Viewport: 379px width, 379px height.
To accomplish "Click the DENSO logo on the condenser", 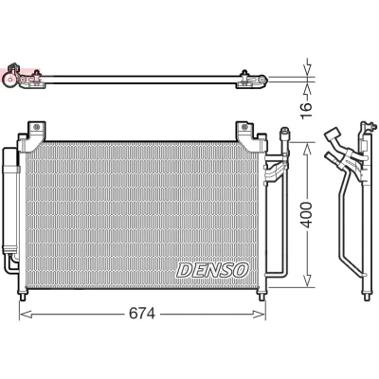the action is point(213,270).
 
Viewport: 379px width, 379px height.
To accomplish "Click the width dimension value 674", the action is point(142,314).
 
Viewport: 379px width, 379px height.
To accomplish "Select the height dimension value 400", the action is point(306,215).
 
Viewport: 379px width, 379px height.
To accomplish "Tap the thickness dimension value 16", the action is point(306,111).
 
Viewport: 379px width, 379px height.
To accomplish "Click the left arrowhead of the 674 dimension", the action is point(26,314).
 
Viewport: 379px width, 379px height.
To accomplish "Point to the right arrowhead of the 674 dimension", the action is point(260,314).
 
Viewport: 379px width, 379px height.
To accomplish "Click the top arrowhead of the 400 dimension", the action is point(307,149).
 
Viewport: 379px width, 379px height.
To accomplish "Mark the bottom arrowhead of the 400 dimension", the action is point(307,280).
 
